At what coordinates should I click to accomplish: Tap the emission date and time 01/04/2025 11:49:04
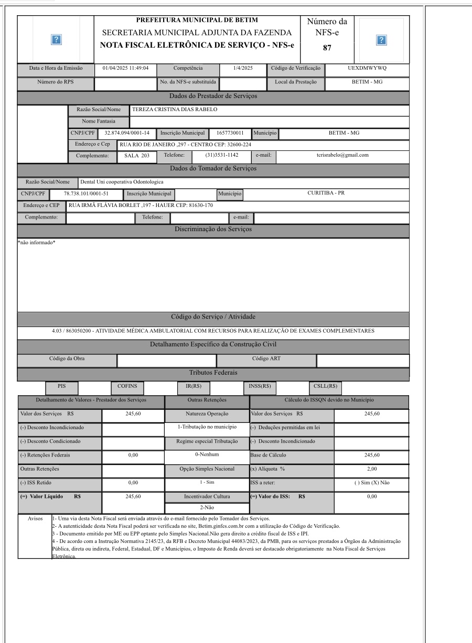click(126, 68)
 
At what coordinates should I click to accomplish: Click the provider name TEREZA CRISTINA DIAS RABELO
click(174, 110)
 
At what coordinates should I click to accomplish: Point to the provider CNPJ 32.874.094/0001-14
click(127, 133)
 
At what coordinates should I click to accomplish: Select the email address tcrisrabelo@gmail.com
click(342, 156)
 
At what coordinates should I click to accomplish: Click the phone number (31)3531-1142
click(222, 156)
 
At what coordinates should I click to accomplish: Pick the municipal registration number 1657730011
click(231, 133)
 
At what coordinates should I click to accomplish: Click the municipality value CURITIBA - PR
click(326, 193)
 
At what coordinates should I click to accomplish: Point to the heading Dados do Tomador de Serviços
click(212, 169)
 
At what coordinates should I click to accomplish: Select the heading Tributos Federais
click(212, 373)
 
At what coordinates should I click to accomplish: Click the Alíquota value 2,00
click(371, 469)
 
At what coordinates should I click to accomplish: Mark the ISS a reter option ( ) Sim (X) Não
click(372, 483)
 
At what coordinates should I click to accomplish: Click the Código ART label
click(266, 359)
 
